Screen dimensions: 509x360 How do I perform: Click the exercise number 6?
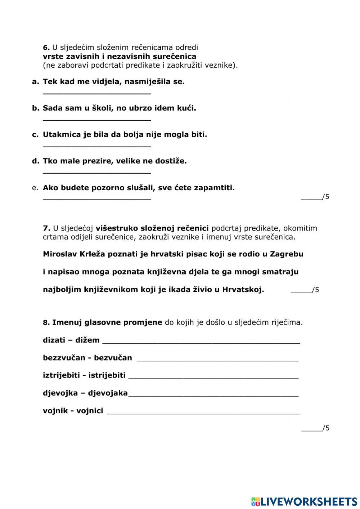click(x=46, y=48)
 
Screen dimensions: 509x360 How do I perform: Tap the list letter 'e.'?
click(x=35, y=188)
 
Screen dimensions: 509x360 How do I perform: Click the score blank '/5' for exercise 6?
click(x=315, y=197)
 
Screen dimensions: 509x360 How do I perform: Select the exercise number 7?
click(x=46, y=228)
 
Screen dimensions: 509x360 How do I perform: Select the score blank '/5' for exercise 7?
click(x=305, y=290)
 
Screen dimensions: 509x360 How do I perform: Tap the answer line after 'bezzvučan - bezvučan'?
click(x=218, y=359)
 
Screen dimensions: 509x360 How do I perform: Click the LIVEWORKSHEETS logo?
click(x=304, y=501)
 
